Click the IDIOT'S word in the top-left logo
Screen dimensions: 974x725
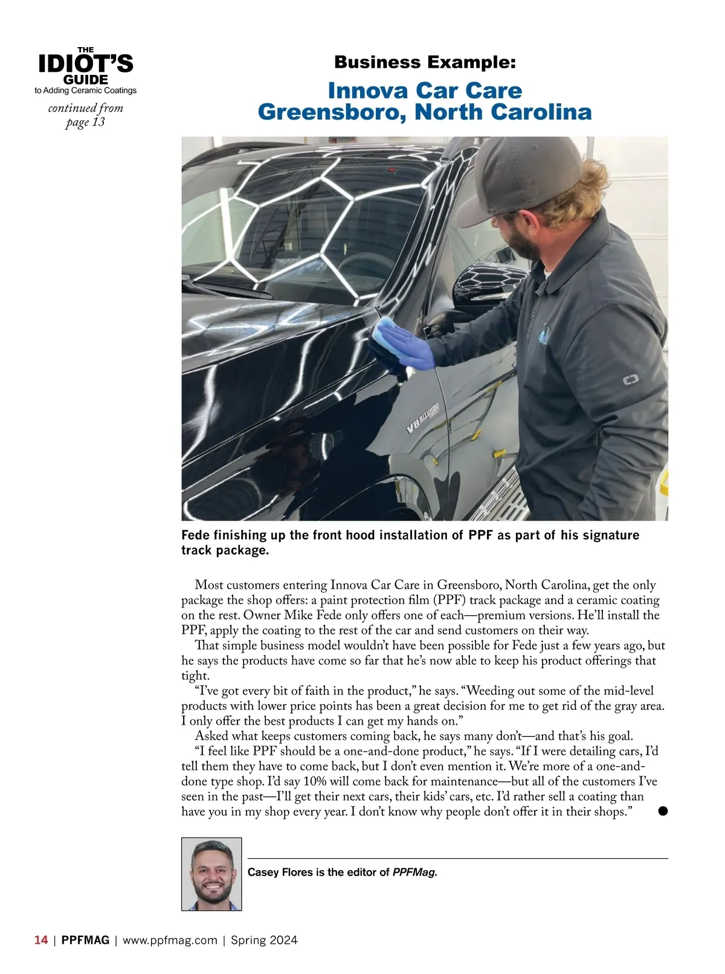pos(86,63)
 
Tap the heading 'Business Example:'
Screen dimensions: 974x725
pos(425,62)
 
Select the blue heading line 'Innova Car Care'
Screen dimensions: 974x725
pos(425,91)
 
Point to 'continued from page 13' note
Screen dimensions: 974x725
pos(86,115)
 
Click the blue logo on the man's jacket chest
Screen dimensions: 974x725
pos(544,333)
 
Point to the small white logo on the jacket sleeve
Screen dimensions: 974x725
pos(632,381)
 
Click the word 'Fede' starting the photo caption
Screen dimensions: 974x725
pos(193,535)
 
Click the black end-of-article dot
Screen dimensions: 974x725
pos(663,811)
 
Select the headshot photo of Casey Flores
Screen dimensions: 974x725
pos(211,874)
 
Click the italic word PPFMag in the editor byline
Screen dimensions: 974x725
pos(414,872)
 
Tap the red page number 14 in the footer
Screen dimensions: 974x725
pos(41,940)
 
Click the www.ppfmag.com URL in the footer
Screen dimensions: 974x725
pos(170,940)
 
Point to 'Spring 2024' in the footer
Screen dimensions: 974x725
pos(264,940)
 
